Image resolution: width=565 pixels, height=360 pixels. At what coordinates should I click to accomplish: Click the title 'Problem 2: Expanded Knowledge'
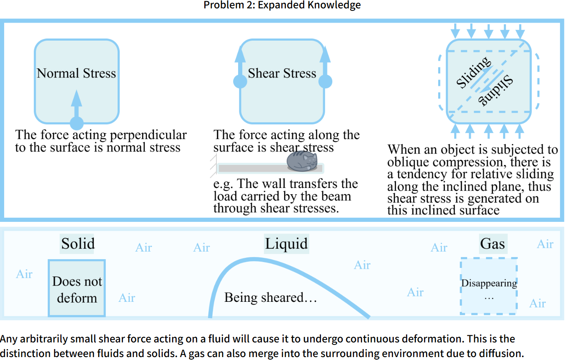(282, 5)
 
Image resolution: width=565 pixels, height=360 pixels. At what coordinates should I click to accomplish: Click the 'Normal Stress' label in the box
(76, 73)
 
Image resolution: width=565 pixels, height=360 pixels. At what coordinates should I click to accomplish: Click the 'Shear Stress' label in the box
(282, 73)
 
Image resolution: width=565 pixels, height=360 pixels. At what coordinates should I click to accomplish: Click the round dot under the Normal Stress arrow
(77, 123)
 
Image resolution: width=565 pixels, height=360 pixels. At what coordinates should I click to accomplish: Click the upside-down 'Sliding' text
(496, 90)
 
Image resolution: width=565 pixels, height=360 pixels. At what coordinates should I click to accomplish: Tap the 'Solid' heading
(78, 244)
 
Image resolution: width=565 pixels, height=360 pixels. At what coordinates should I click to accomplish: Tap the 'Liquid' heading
(286, 244)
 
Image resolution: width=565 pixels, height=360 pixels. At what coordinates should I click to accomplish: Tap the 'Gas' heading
(493, 244)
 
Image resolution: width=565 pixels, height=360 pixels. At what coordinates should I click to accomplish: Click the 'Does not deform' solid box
(77, 289)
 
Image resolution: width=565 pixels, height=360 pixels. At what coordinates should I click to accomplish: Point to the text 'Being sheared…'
(270, 298)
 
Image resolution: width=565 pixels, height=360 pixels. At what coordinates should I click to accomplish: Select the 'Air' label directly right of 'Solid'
(144, 247)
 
